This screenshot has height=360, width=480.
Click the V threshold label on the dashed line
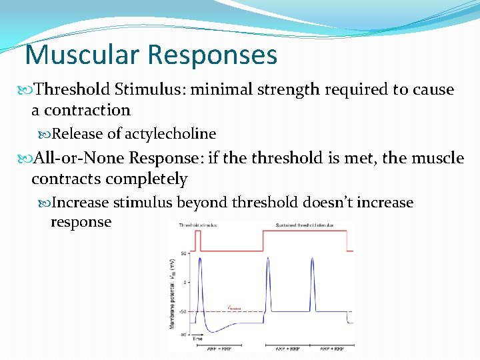(x=233, y=308)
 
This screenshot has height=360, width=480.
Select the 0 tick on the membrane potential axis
(x=185, y=283)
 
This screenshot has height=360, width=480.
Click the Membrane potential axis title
(x=173, y=293)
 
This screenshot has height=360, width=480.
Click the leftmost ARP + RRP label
(x=215, y=348)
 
